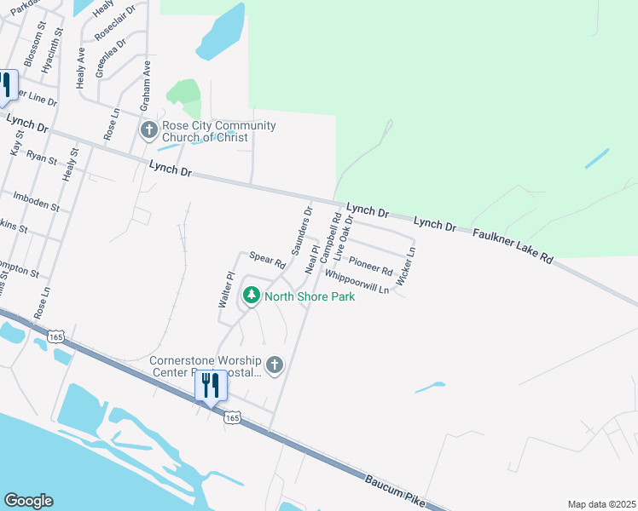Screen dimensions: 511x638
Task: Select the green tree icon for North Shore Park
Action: (x=251, y=296)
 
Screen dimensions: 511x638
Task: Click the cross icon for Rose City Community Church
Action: (x=148, y=130)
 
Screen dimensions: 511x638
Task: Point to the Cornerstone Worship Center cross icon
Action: (x=274, y=365)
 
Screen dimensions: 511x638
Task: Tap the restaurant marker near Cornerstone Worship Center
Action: (x=211, y=386)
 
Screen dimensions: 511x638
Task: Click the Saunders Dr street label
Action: (x=303, y=230)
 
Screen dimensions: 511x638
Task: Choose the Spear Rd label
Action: (x=267, y=260)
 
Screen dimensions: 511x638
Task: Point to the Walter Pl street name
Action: (x=226, y=290)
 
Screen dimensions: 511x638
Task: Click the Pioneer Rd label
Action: (x=370, y=263)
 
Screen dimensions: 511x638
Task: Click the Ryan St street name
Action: (x=41, y=158)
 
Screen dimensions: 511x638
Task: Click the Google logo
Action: (x=28, y=501)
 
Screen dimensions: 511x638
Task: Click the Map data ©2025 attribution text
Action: (x=601, y=504)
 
